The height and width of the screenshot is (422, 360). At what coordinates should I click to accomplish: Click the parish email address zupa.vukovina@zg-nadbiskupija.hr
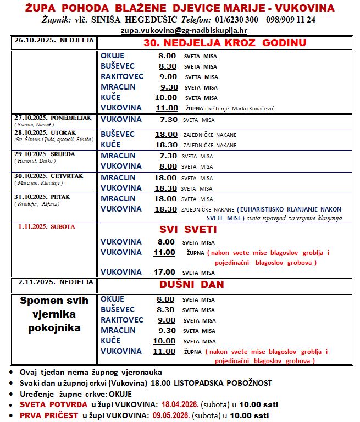(x=184, y=31)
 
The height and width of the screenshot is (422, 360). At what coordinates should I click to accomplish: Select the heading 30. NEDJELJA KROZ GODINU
(x=224, y=43)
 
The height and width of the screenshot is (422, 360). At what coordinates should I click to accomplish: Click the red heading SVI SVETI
(x=189, y=229)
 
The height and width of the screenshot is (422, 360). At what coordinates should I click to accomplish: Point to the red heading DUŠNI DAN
(x=191, y=285)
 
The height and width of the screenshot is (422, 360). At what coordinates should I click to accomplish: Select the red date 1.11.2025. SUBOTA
(x=46, y=226)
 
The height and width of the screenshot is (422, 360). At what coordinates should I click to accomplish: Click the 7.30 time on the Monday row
(x=168, y=119)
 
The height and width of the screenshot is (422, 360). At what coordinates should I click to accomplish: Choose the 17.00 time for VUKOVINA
(x=165, y=271)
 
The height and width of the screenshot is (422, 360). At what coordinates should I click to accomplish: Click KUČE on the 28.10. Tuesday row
(x=110, y=145)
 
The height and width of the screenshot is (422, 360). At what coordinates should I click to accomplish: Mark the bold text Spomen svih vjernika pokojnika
(x=54, y=315)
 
